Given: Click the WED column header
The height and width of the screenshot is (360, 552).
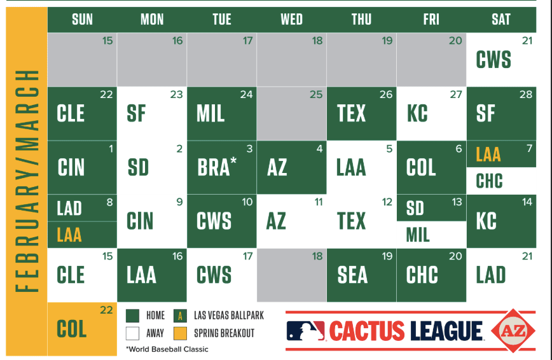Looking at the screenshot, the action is point(291,19).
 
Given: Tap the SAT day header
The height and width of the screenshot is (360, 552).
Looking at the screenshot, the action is point(500,19).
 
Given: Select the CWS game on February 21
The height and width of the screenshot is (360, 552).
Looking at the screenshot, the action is point(493,60).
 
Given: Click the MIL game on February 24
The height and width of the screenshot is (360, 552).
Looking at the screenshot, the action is point(210,113).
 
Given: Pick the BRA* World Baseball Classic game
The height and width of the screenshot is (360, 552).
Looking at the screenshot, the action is point(216,167).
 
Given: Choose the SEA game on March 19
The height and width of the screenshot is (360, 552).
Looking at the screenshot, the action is point(352,275).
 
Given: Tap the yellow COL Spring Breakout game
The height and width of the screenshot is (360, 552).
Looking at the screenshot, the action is point(71,329).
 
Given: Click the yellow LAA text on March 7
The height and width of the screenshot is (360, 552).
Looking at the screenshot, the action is point(488,155).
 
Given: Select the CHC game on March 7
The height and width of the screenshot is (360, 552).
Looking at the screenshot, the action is point(489,181).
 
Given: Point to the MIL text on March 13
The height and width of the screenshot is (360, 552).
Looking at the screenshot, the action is point(418,235).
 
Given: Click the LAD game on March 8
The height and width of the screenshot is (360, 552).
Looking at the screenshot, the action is point(69,208).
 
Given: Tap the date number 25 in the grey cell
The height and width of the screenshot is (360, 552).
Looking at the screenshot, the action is point(316,94).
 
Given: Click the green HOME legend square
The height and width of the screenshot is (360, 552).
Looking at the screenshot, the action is point(132,315).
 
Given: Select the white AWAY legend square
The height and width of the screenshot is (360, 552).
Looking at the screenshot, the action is point(132,333).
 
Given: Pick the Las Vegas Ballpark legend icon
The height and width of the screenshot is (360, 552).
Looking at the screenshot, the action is point(180,315).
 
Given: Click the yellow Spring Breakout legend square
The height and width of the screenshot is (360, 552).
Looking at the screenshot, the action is point(180,333).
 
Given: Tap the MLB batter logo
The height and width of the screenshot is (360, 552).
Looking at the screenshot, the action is point(305,331).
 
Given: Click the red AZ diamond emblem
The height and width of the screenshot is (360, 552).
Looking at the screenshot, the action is point(513,331).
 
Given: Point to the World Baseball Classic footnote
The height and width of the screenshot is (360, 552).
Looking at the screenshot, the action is point(167,349).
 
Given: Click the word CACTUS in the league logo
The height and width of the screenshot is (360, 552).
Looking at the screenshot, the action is point(367,331).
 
